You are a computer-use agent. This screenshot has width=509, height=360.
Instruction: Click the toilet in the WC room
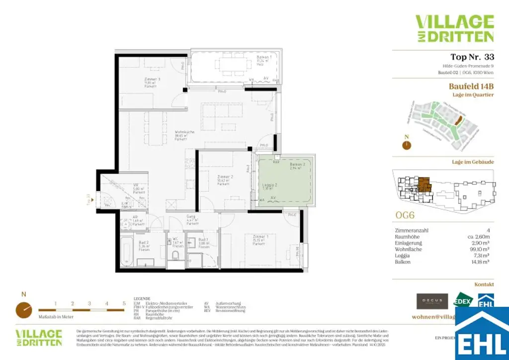(x=175, y=256)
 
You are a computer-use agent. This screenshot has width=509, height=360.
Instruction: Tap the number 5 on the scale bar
(x=123, y=303)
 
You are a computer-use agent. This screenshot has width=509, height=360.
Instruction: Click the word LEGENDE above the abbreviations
(x=142, y=299)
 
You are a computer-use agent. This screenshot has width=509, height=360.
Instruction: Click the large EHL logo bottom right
(x=482, y=334)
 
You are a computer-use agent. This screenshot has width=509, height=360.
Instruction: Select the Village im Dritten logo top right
(x=454, y=28)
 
